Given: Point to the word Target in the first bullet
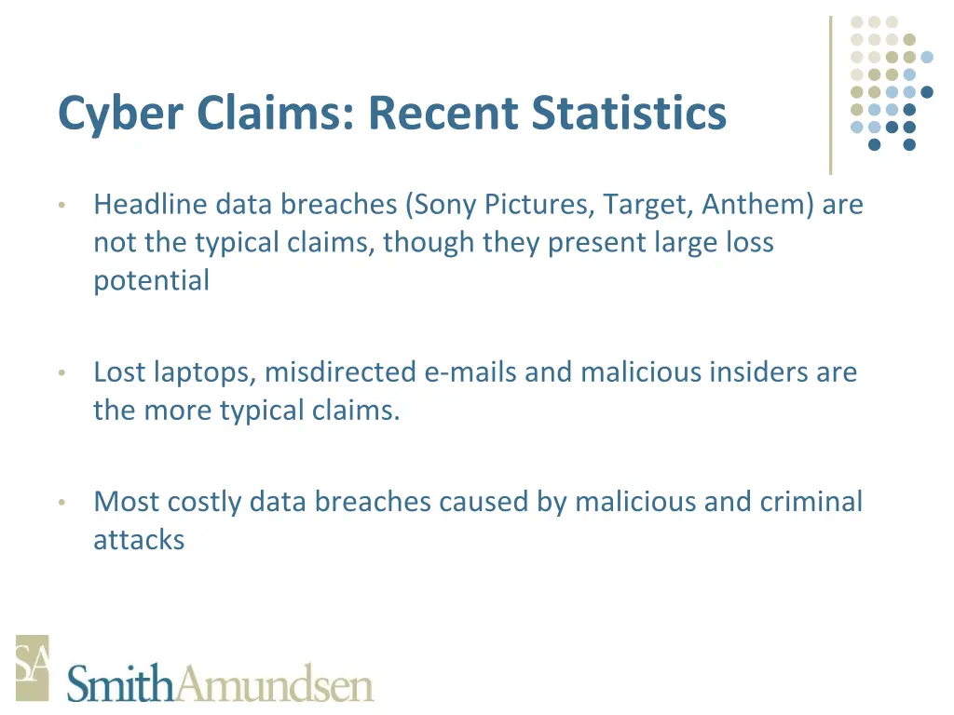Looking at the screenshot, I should [x=647, y=204].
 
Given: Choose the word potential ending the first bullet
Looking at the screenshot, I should [x=151, y=281].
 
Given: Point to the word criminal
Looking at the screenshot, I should [x=811, y=502].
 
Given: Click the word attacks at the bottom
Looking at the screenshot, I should [x=138, y=540].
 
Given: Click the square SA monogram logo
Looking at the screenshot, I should [x=32, y=668].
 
